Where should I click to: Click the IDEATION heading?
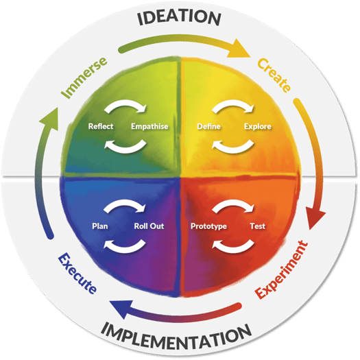[179, 18]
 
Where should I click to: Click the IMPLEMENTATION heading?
[176, 339]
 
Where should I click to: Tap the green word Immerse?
[84, 77]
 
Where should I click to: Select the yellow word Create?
[274, 75]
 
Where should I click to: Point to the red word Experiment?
[281, 269]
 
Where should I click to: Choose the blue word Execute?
[77, 273]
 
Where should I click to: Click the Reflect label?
[101, 126]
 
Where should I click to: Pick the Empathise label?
[149, 126]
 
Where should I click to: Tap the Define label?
[208, 126]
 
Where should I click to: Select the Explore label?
[258, 126]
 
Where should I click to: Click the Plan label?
[100, 226]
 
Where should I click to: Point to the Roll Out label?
[149, 226]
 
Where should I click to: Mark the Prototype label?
[208, 226]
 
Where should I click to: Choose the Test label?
[258, 226]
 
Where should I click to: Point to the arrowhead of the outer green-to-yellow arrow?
[239, 49]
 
